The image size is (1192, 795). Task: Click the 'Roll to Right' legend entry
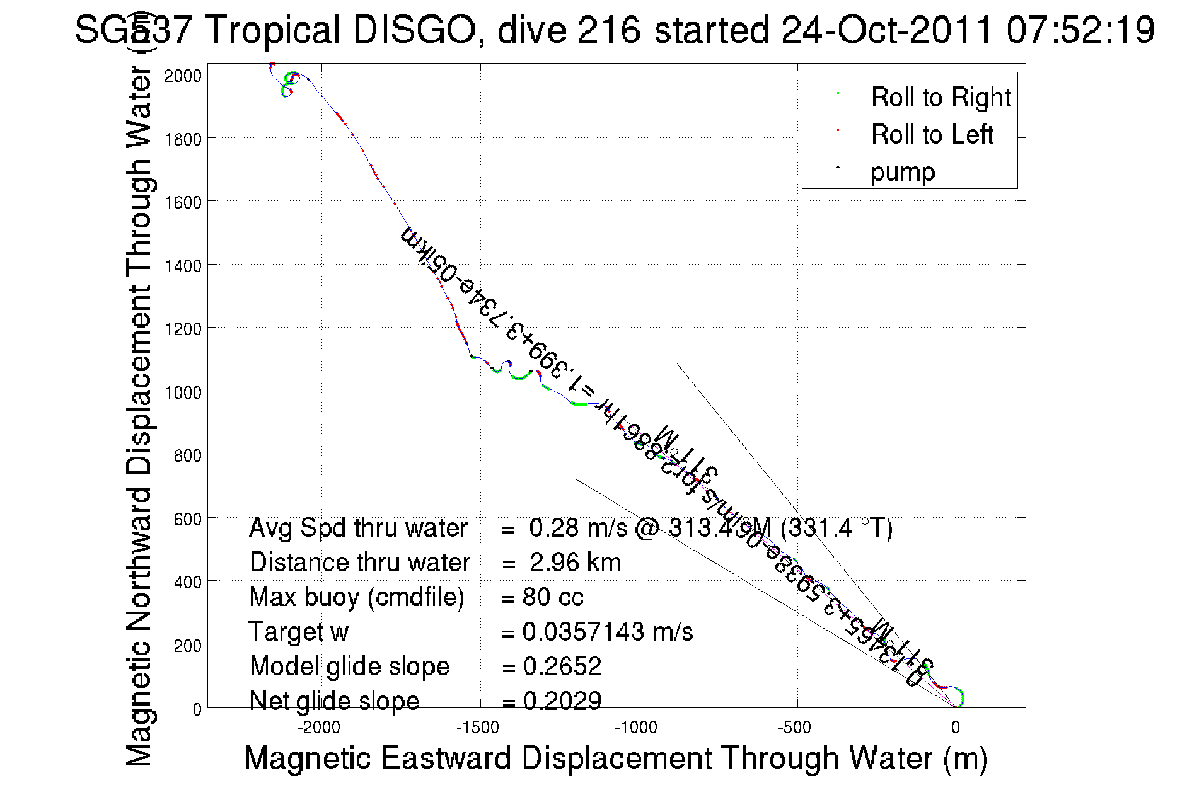[x=940, y=98]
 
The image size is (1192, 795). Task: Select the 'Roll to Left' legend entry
[x=932, y=135]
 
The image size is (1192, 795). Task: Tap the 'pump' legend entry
[x=903, y=172]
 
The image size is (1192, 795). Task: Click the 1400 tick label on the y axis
[x=183, y=266]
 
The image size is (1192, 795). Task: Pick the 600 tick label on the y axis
[x=187, y=519]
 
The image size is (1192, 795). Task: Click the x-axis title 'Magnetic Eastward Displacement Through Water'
[x=615, y=758]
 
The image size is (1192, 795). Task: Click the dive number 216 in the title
[x=608, y=30]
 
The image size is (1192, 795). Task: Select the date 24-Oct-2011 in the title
[x=886, y=30]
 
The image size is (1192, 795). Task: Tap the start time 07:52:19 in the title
[x=1080, y=30]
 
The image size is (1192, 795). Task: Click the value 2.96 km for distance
[x=575, y=563]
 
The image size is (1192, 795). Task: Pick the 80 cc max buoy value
[x=553, y=597]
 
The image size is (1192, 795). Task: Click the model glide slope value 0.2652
[x=562, y=666]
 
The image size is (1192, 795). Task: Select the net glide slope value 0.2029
[x=562, y=701]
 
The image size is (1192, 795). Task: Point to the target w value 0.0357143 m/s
[x=608, y=632]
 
